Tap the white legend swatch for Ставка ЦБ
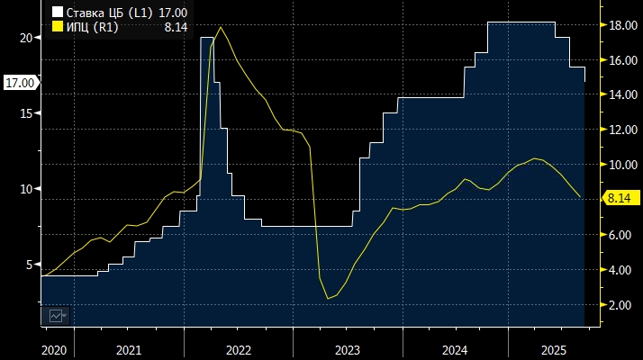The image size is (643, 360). [x=57, y=13]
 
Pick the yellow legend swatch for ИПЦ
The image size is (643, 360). [x=57, y=27]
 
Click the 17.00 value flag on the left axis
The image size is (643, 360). [x=20, y=83]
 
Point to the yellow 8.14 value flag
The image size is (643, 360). [x=622, y=198]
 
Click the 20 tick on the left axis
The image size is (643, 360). [x=26, y=37]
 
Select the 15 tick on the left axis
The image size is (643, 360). [x=26, y=112]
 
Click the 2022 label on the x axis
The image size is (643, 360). [x=238, y=349]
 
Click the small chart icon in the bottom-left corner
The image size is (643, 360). [x=57, y=316]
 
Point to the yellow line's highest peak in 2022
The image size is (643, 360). [x=222, y=27]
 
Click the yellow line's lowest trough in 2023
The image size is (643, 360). [x=329, y=298]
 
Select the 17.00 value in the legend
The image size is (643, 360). [x=173, y=13]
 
